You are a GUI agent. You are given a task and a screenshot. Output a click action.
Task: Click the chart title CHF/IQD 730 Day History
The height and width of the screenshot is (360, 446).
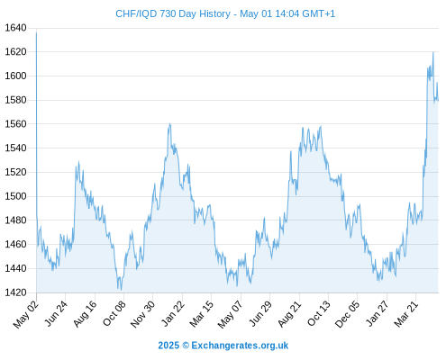[173, 13]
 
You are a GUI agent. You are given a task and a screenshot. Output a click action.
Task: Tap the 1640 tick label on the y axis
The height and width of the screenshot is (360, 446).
[15, 28]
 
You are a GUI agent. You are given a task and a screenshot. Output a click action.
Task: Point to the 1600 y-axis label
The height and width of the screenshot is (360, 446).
[15, 76]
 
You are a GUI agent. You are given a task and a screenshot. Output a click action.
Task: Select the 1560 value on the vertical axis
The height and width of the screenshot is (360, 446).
[15, 124]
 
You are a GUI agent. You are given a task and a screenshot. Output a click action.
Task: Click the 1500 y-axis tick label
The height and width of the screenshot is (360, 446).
[15, 196]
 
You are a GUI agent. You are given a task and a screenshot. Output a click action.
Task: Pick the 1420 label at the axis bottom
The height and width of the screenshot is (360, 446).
[15, 292]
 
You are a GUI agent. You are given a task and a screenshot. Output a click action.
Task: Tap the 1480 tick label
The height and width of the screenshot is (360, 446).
[15, 220]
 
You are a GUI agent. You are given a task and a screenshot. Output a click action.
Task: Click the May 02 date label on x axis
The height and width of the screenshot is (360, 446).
[26, 314]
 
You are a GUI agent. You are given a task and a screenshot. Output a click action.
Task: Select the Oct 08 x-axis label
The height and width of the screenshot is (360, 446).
[114, 313]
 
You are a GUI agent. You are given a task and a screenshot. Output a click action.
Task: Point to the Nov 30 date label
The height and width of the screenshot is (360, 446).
[142, 314]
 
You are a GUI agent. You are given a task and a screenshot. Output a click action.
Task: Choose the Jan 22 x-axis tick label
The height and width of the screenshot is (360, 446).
[173, 313]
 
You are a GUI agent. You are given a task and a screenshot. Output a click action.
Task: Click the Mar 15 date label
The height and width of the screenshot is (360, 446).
[202, 313]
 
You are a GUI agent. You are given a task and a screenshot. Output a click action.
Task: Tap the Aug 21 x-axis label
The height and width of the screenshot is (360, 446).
[289, 313]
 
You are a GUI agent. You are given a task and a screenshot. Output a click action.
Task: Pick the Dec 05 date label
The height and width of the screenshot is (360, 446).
[347, 314]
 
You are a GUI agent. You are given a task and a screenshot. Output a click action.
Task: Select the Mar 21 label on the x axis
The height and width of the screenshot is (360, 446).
[406, 313]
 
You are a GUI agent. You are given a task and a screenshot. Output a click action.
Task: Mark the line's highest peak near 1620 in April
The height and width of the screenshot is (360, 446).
[433, 52]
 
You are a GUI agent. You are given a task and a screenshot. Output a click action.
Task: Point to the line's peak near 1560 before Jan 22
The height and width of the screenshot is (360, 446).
[169, 124]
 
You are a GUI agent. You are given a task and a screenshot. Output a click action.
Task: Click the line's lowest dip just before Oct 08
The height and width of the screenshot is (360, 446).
[121, 290]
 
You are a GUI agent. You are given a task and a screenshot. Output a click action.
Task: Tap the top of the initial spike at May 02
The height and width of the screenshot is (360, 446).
[36, 32]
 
